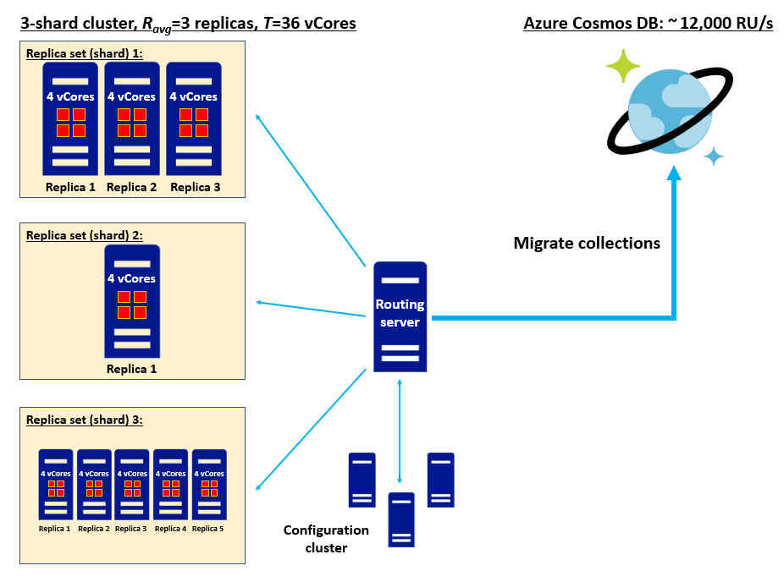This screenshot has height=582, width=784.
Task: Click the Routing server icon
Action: coord(400,316)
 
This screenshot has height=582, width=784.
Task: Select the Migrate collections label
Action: coord(587,244)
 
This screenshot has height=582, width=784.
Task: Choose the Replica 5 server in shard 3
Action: coord(208,485)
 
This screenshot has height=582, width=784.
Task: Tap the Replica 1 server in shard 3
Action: coord(55,485)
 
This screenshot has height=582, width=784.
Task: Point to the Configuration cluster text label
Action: coord(326,539)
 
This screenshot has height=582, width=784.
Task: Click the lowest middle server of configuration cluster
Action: coord(401,519)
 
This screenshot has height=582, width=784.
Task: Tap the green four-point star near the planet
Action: coord(623,66)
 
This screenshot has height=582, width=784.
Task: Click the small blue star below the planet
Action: coord(714,156)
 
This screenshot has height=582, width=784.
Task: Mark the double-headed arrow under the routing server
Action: coord(400,431)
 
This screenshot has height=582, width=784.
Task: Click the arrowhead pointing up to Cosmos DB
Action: coord(674,173)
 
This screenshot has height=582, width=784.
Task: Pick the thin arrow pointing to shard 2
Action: coord(310,309)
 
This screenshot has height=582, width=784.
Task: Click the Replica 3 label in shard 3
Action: coord(131,529)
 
